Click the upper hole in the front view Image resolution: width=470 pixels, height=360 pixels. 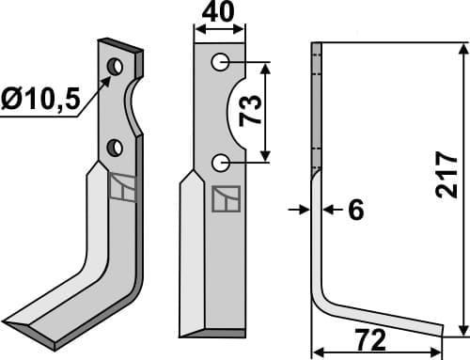click(x=220, y=62)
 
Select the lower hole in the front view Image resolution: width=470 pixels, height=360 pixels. click(x=220, y=163)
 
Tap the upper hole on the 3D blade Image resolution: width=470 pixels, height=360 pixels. click(x=115, y=67)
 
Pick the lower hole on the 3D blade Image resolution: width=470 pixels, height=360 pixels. click(x=115, y=147)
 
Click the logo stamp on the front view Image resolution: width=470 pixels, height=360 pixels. click(x=226, y=198)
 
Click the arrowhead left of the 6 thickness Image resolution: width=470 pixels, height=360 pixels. click(x=305, y=210)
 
